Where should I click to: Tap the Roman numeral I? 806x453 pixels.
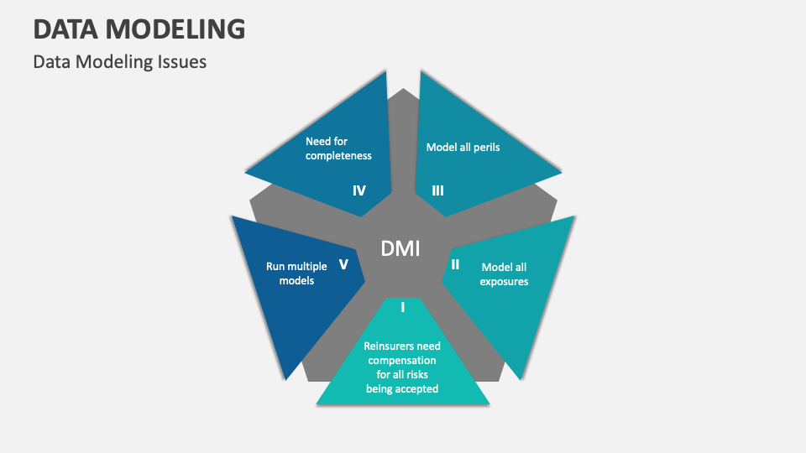[403, 307]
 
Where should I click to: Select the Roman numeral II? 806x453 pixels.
[455, 264]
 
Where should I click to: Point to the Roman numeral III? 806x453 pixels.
[437, 190]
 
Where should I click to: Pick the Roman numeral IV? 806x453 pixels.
[359, 190]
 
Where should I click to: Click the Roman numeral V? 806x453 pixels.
[343, 264]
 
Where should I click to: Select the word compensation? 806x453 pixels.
[402, 360]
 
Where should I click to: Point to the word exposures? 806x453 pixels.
[504, 281]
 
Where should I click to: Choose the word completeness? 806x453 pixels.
[338, 155]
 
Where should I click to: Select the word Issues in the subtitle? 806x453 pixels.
[184, 62]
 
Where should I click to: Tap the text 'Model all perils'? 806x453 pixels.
[463, 147]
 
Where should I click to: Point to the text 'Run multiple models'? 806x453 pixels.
[290, 273]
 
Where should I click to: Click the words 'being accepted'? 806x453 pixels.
[402, 388]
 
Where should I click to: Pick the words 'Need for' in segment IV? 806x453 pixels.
[327, 141]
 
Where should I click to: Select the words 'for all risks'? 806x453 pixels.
[402, 374]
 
